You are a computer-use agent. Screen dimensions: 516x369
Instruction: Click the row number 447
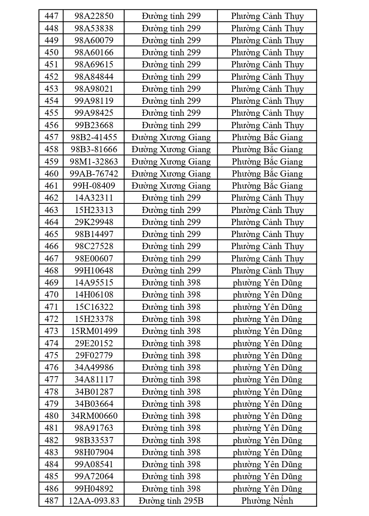51,16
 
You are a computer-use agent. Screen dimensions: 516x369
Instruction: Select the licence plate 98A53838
94,28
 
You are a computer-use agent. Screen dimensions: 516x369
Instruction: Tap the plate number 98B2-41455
94,137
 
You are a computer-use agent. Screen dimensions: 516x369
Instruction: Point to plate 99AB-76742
94,173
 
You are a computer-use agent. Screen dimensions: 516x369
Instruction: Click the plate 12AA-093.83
94,501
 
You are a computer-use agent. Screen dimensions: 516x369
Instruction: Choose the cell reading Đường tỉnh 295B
171,501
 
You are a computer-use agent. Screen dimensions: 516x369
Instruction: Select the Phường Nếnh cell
267,501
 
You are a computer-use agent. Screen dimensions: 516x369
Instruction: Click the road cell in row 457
171,137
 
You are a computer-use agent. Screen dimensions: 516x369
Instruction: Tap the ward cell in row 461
267,186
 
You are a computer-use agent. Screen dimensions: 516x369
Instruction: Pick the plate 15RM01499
94,331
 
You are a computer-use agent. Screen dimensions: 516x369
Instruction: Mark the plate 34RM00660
94,416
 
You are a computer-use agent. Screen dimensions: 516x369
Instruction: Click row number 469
51,282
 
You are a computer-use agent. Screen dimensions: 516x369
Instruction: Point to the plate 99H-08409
94,186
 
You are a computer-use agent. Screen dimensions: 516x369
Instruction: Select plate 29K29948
94,222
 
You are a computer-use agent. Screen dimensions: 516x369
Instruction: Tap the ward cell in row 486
267,489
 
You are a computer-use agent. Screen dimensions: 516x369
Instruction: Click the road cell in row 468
171,270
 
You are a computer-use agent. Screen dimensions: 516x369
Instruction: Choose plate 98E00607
94,258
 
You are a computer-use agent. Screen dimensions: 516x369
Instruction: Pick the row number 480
51,416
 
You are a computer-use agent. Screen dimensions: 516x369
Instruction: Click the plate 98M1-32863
94,161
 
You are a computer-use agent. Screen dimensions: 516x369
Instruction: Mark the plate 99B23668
94,125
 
